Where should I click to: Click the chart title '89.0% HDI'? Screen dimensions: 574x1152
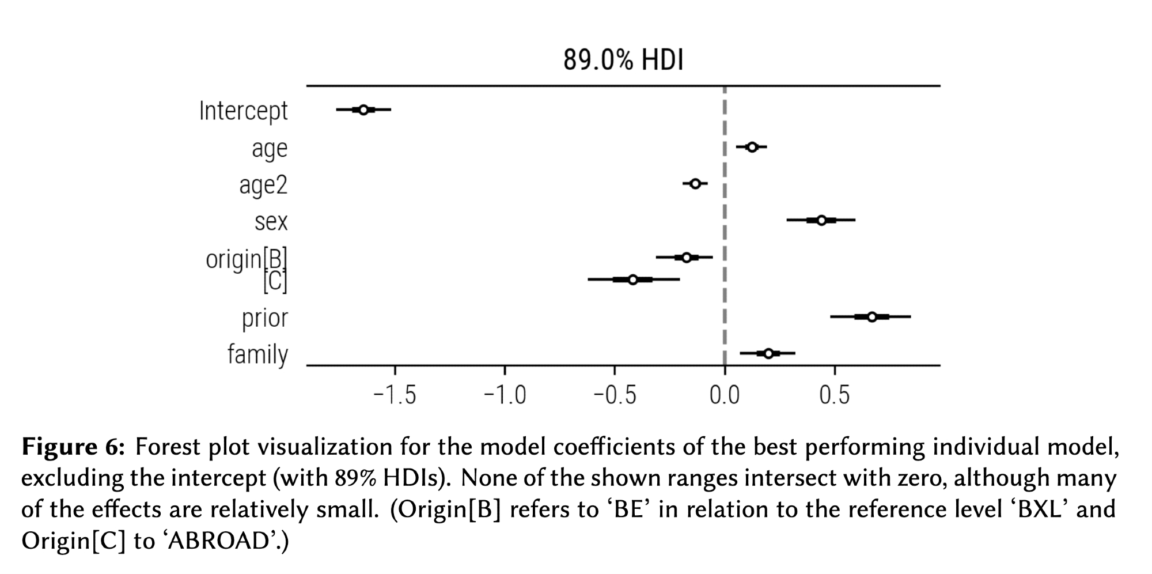(623, 60)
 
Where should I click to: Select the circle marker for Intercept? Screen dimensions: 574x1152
(363, 109)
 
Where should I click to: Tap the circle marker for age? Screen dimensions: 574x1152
(752, 147)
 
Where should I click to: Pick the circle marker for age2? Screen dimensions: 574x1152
(695, 184)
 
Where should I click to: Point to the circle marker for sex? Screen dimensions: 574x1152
(821, 220)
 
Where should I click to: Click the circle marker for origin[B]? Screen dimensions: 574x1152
(686, 257)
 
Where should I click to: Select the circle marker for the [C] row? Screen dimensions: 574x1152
(632, 280)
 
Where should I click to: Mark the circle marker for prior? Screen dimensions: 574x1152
(871, 317)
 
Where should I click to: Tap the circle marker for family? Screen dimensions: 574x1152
(768, 353)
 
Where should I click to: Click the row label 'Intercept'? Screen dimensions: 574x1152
(243, 111)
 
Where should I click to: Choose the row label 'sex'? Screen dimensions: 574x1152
(271, 221)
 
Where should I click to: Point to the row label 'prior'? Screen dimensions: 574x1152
(264, 318)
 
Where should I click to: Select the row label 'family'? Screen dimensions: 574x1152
(257, 354)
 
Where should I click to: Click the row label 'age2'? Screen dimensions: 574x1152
(263, 185)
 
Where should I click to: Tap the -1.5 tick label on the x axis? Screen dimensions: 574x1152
(395, 395)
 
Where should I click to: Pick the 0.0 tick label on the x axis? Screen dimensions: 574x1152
(724, 395)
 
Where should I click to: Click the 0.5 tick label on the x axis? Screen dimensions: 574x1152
(834, 395)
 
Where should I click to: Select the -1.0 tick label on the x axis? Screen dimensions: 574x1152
(505, 395)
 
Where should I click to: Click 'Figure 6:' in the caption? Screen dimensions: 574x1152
(73, 447)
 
